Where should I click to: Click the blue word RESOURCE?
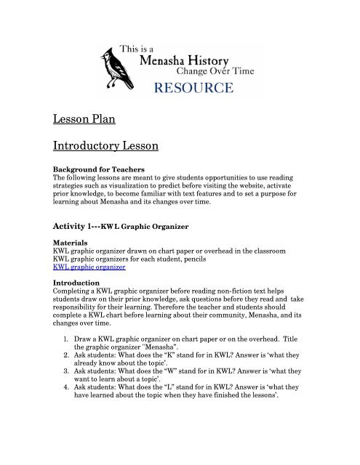point(192,89)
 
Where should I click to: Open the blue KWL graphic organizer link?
point(89,267)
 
